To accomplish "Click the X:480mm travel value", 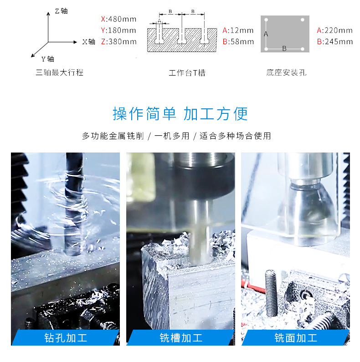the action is point(118,19).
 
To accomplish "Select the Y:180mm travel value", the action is point(118,30).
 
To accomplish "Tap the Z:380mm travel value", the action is point(119,41).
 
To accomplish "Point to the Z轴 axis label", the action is point(61,11).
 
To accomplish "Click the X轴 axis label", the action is point(89,42).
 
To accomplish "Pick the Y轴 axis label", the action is point(48,59).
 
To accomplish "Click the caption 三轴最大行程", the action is point(60,72).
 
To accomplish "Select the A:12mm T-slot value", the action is point(238,30).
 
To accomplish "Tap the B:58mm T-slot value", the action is point(238,41).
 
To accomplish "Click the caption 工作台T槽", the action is point(187,73).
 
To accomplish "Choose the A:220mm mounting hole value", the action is point(334,30).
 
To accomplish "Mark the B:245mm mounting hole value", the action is point(335,41).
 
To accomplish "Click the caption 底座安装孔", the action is point(286,73).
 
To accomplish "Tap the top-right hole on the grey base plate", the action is point(303,20).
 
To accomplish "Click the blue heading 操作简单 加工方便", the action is point(180,114).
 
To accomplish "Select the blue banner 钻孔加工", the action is point(66,338).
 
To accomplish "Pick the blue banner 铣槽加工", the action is point(181,338).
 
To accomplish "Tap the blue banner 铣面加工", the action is point(296,338).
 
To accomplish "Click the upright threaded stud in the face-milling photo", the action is point(271,293).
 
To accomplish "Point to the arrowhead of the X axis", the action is point(75,42).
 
